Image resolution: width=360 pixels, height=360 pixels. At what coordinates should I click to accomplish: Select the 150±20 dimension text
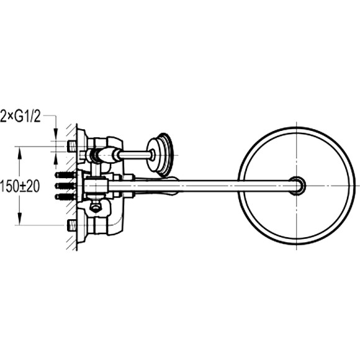[20, 186]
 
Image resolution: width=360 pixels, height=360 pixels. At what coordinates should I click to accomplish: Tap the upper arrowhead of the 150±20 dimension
[20, 153]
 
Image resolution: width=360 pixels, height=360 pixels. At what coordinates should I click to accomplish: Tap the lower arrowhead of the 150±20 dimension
[20, 219]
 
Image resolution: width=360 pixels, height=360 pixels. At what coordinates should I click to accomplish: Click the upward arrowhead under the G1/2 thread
[56, 158]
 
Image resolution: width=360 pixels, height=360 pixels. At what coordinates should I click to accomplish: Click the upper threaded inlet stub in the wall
[72, 146]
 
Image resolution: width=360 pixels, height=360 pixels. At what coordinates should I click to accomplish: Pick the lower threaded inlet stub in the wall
[72, 225]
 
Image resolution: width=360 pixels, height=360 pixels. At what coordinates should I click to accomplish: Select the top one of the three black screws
[66, 175]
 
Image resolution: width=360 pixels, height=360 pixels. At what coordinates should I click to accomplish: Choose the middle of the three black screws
[66, 186]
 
